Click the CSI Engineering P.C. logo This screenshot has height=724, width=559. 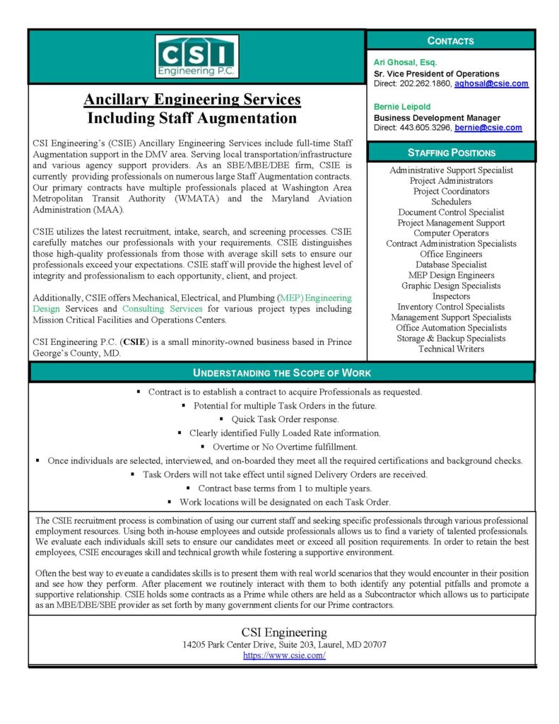point(196,57)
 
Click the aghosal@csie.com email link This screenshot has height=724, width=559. point(491,83)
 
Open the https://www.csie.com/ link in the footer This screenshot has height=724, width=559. point(284,655)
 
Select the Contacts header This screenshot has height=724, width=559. point(451,41)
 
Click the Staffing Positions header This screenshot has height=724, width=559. point(451,152)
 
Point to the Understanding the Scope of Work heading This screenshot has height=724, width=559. point(281,373)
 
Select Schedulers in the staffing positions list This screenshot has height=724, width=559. point(451,202)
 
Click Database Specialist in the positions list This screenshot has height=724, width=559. point(451,264)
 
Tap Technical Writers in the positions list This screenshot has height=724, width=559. point(451,349)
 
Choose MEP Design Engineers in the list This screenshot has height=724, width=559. point(451,275)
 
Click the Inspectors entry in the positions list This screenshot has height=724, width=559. point(451,296)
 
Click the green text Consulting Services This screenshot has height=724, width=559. point(162,309)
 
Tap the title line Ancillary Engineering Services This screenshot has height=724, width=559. point(192,100)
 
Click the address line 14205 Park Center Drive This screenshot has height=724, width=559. point(284,645)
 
